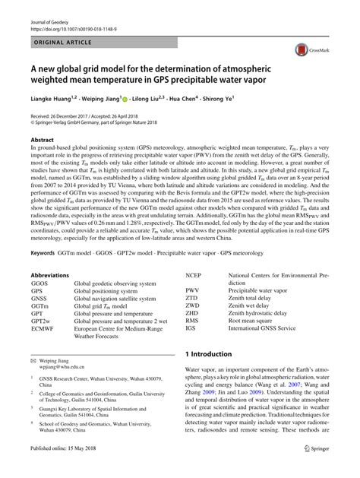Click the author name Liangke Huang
click(52, 98)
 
